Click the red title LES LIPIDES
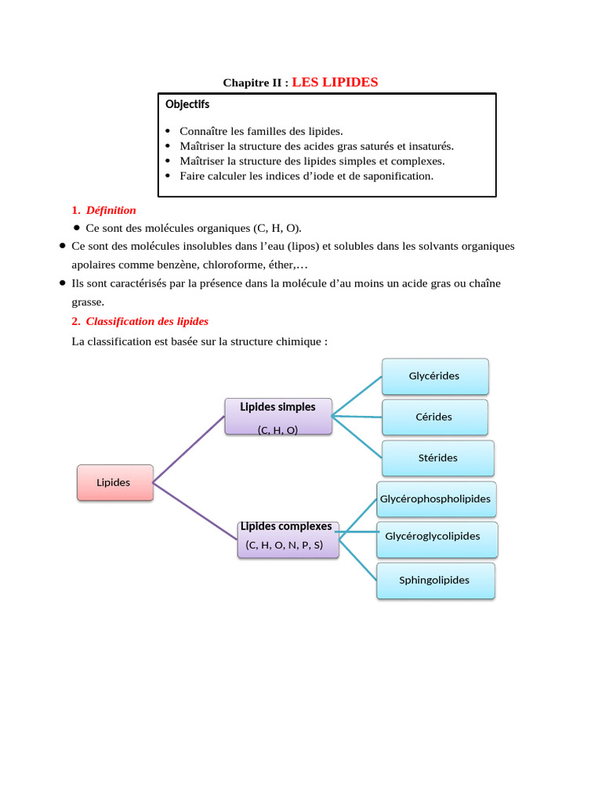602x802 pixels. [x=335, y=82]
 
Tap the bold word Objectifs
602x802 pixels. [x=187, y=104]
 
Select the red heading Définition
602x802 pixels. [x=111, y=210]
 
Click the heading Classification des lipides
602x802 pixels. [x=147, y=321]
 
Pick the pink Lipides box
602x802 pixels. [x=114, y=482]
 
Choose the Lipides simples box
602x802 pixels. [x=277, y=416]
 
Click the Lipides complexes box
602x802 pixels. [x=288, y=539]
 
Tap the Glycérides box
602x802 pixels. [x=434, y=376]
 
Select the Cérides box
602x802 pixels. [x=434, y=417]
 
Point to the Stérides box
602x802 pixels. [x=437, y=457]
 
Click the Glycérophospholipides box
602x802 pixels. [x=435, y=499]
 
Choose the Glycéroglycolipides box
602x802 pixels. [x=433, y=536]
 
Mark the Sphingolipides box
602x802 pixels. [x=435, y=580]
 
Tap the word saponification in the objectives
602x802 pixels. [x=393, y=175]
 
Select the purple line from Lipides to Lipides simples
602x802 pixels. [x=188, y=448]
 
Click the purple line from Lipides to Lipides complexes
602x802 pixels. [x=194, y=511]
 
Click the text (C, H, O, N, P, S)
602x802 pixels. [x=284, y=545]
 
